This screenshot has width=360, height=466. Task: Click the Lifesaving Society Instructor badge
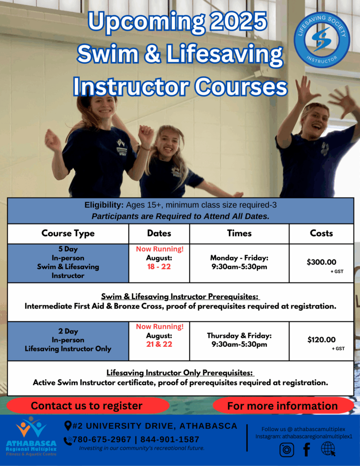pos(322,40)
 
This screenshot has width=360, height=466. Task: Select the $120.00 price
pos(321,339)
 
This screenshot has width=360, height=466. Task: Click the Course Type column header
pos(68,233)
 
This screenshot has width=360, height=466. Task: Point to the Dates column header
pos(159,233)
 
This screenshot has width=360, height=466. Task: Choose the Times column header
pos(239,233)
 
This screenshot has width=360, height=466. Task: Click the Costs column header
pos(321,233)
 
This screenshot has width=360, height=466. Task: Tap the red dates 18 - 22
pos(159,267)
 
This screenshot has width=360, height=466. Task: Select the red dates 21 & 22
pos(159,344)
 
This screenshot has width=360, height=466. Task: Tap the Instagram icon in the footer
pos(287,450)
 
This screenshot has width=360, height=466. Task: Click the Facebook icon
pos(307,449)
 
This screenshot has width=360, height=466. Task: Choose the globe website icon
pos(328,449)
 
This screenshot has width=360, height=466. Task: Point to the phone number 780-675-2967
pos(102,440)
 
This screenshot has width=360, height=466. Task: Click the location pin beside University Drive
pos(68,426)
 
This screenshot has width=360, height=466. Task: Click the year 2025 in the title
pos(239,21)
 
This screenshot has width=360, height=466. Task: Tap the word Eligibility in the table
pos(104,205)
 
